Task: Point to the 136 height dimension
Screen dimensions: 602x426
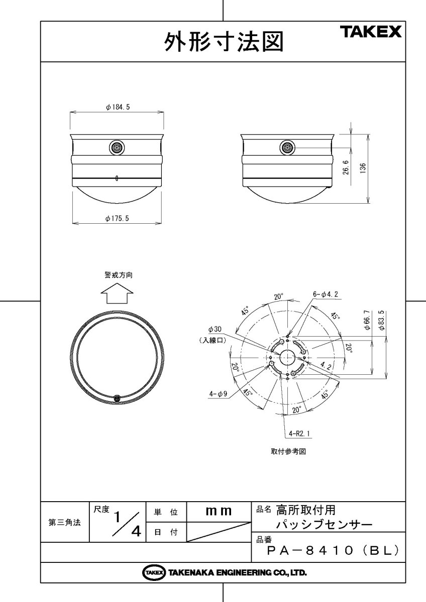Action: point(363,168)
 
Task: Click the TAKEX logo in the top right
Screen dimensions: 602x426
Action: point(372,33)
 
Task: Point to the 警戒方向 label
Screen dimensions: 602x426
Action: point(119,275)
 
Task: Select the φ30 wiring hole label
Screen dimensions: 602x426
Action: point(215,330)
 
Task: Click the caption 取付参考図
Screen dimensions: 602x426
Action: point(288,451)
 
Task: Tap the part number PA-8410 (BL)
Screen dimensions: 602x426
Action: point(333,551)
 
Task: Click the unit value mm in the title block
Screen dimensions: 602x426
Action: point(219,512)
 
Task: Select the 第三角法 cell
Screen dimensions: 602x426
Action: point(64,522)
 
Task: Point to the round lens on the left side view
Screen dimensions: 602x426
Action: point(117,147)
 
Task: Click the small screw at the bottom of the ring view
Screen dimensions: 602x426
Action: point(117,398)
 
